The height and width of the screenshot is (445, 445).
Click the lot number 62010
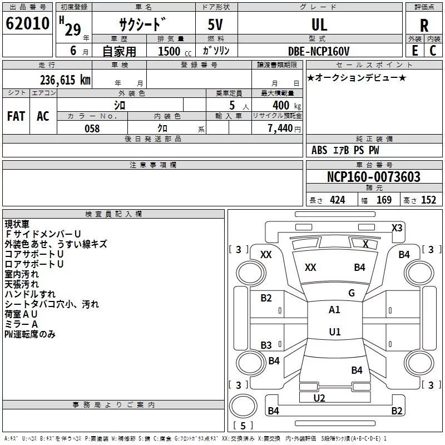click(27, 23)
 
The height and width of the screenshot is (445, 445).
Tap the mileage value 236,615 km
click(65, 80)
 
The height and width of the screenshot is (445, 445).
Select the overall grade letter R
click(424, 26)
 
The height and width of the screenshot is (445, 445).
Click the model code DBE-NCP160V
click(318, 51)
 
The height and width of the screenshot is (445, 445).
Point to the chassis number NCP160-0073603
click(373, 177)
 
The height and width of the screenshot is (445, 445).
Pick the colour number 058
click(92, 128)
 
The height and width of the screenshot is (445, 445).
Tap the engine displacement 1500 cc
click(175, 51)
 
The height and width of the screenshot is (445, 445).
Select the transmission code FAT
click(16, 116)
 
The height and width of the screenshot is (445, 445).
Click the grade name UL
click(319, 24)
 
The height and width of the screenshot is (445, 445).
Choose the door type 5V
click(215, 24)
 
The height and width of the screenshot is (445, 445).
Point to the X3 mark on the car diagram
click(397, 228)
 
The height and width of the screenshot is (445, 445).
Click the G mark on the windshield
click(352, 293)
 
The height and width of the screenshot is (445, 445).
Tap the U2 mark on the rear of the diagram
click(319, 398)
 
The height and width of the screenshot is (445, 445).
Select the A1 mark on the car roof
click(334, 310)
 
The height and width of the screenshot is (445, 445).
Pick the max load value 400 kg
click(286, 106)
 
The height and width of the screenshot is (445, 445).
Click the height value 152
click(428, 200)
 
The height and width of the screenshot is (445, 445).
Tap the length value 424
click(338, 200)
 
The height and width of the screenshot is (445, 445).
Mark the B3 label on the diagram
click(266, 345)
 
